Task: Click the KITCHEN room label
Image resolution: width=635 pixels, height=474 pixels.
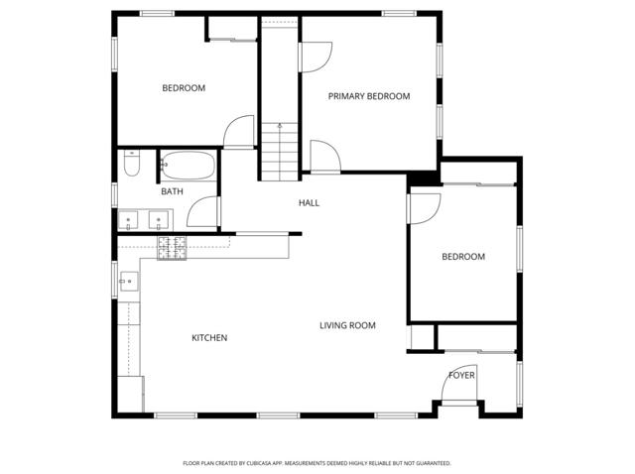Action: pyautogui.click(x=209, y=338)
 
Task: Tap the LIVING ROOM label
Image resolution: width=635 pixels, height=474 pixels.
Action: pyautogui.click(x=347, y=325)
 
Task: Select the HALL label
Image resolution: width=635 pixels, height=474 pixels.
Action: pyautogui.click(x=309, y=203)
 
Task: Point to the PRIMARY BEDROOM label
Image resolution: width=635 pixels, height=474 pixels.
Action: pyautogui.click(x=369, y=96)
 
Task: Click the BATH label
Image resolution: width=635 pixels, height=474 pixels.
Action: pyautogui.click(x=172, y=191)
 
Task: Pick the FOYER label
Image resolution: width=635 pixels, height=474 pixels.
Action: pyautogui.click(x=461, y=376)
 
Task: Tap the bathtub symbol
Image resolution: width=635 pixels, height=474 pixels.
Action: pyautogui.click(x=188, y=165)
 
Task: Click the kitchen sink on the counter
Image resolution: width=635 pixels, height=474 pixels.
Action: pyautogui.click(x=126, y=282)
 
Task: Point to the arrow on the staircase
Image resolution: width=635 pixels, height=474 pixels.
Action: pyautogui.click(x=280, y=127)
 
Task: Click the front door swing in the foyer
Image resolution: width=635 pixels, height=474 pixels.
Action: pyautogui.click(x=455, y=390)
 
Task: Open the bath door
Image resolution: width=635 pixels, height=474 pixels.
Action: pyautogui.click(x=202, y=212)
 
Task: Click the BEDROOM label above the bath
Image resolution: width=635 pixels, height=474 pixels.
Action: pyautogui.click(x=184, y=88)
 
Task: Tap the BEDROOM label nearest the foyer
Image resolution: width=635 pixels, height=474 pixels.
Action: pyautogui.click(x=463, y=257)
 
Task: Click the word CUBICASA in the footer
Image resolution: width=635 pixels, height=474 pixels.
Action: pyautogui.click(x=261, y=463)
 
